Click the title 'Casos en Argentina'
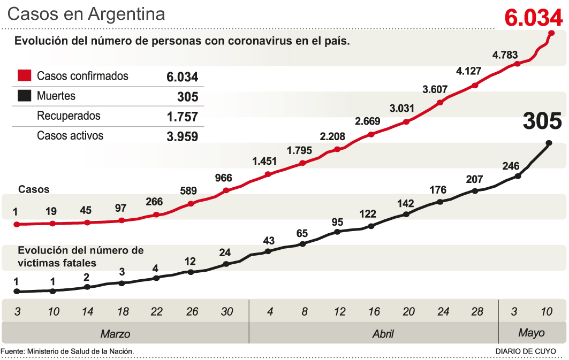tap(86, 14)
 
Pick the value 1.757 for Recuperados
tap(182, 117)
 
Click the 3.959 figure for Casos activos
tap(182, 136)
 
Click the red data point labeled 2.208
tap(337, 150)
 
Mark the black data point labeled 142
tap(406, 214)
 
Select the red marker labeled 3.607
tap(441, 102)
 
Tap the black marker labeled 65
tap(302, 244)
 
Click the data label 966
tap(224, 178)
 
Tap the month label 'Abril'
tap(383, 334)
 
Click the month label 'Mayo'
tap(531, 333)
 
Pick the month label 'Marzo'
tap(116, 334)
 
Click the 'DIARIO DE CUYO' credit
tap(525, 351)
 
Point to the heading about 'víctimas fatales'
tap(81, 256)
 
